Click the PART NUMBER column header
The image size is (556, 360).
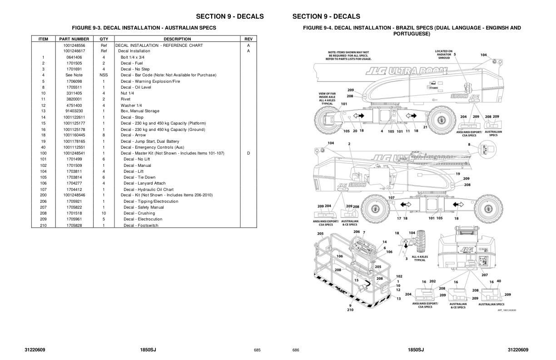click(x=74, y=39)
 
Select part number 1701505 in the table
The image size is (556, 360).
click(x=74, y=63)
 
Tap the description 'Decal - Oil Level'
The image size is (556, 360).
click(x=136, y=87)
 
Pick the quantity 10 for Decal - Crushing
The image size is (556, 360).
click(x=104, y=213)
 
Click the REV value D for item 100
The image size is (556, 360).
click(x=248, y=153)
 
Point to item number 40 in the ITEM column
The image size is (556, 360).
click(x=43, y=147)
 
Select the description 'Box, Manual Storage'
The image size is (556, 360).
click(x=140, y=111)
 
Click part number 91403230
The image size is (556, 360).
click(x=74, y=111)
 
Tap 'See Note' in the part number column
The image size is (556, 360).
click(x=74, y=75)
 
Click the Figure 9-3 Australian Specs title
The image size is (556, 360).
click(x=144, y=28)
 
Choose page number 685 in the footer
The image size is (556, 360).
click(x=257, y=350)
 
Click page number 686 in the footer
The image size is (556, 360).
click(x=296, y=350)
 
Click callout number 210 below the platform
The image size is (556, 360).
click(x=350, y=310)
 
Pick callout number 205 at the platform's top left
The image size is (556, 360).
click(x=320, y=234)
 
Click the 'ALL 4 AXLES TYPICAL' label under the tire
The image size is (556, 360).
click(x=420, y=258)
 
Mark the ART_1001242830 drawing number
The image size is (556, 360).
click(x=506, y=310)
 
